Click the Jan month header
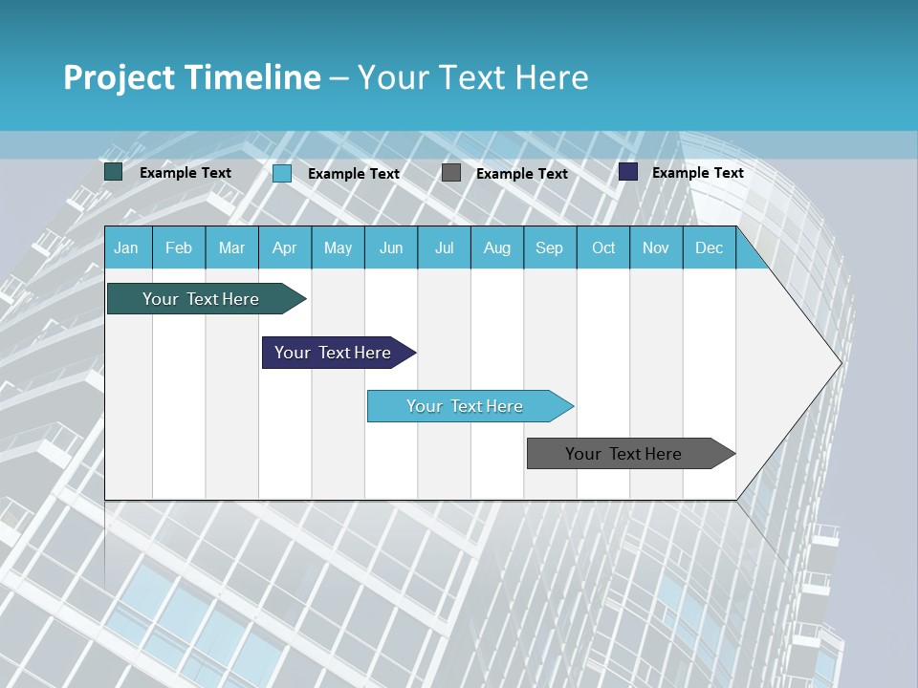coord(127,247)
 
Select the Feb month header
coord(179,247)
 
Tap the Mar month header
coord(231,247)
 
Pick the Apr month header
coord(285,247)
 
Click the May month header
coord(338,247)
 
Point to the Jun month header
coord(391,247)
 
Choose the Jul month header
coord(444,247)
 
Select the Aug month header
coord(497,247)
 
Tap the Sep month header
coord(550,247)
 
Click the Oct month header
coord(603,247)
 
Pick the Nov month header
coord(656,247)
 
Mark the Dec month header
coord(710,247)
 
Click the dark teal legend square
coord(114,172)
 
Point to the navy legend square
coord(628,172)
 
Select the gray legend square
coord(451,173)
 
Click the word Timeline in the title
coord(251,77)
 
